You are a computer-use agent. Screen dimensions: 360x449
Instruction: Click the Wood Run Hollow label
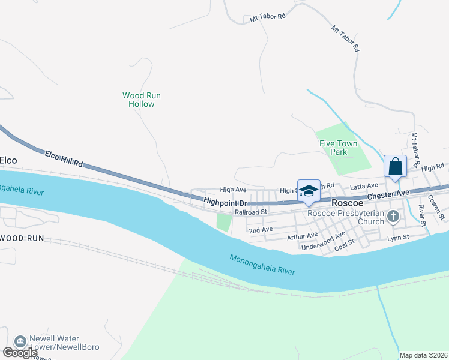[142, 100]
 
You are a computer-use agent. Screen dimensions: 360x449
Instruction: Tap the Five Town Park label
[338, 148]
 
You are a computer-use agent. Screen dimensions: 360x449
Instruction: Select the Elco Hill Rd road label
[63, 159]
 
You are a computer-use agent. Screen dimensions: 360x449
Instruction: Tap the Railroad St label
[250, 212]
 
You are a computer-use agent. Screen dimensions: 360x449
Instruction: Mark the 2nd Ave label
[261, 230]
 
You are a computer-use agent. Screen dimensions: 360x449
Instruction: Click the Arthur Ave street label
[302, 236]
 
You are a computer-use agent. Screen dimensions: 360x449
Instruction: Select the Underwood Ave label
[323, 241]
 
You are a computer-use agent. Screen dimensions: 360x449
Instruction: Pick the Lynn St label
[397, 238]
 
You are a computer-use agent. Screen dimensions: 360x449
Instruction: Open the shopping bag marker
[396, 166]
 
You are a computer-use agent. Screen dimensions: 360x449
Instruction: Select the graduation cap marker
[309, 191]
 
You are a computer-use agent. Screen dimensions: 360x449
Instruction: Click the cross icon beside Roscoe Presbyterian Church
[394, 217]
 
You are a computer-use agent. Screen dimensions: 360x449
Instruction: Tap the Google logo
[20, 352]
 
